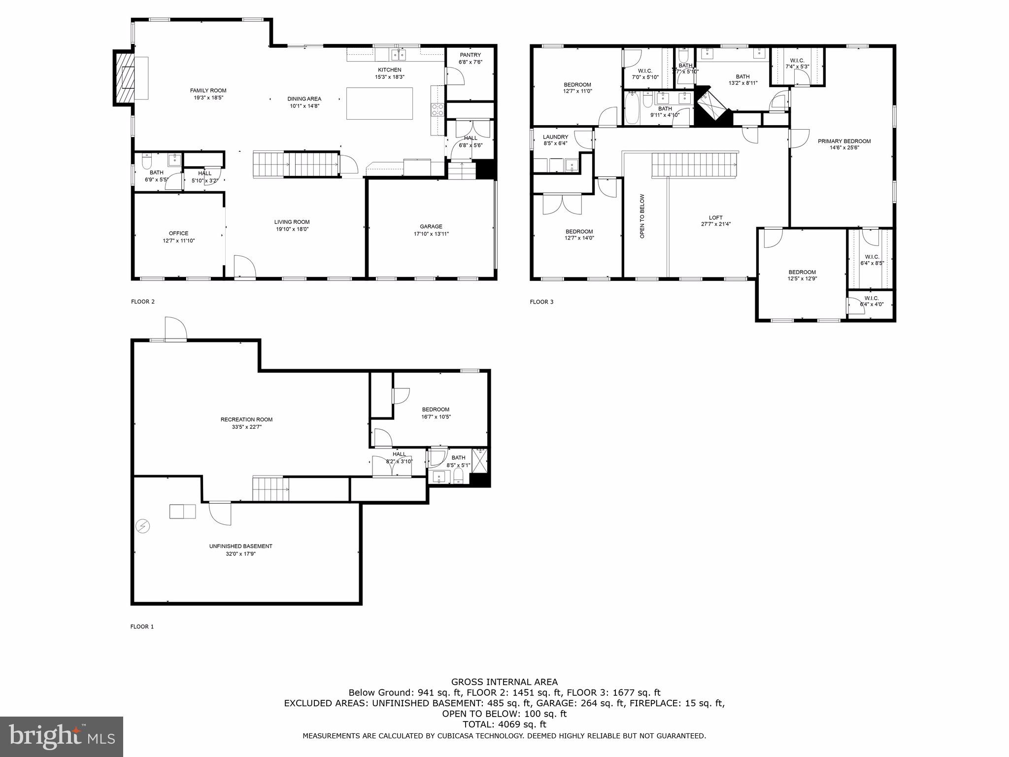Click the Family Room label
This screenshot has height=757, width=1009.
pyautogui.click(x=208, y=91)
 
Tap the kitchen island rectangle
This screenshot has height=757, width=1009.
pyautogui.click(x=379, y=103)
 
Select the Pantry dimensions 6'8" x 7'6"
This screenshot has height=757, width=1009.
pyautogui.click(x=470, y=62)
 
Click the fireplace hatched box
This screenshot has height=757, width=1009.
pyautogui.click(x=124, y=77)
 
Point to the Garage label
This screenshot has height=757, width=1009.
pyautogui.click(x=431, y=227)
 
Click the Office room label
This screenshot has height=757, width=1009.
pyautogui.click(x=178, y=234)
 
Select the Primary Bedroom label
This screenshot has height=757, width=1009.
pyautogui.click(x=844, y=141)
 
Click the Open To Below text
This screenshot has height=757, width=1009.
pyautogui.click(x=642, y=216)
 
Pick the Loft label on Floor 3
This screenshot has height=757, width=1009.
pyautogui.click(x=715, y=218)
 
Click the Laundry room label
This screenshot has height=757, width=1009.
pyautogui.click(x=555, y=137)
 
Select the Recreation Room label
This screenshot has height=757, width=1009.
pyautogui.click(x=246, y=420)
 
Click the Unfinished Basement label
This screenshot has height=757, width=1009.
pyautogui.click(x=240, y=546)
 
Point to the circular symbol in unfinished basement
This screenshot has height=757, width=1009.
pyautogui.click(x=143, y=527)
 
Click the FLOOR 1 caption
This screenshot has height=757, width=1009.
pyautogui.click(x=142, y=627)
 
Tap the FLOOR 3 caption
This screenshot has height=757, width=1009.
pyautogui.click(x=541, y=302)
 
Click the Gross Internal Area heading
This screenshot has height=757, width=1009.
pyautogui.click(x=504, y=682)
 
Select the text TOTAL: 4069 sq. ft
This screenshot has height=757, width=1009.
pyautogui.click(x=504, y=724)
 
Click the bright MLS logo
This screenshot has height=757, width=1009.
pyautogui.click(x=62, y=737)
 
